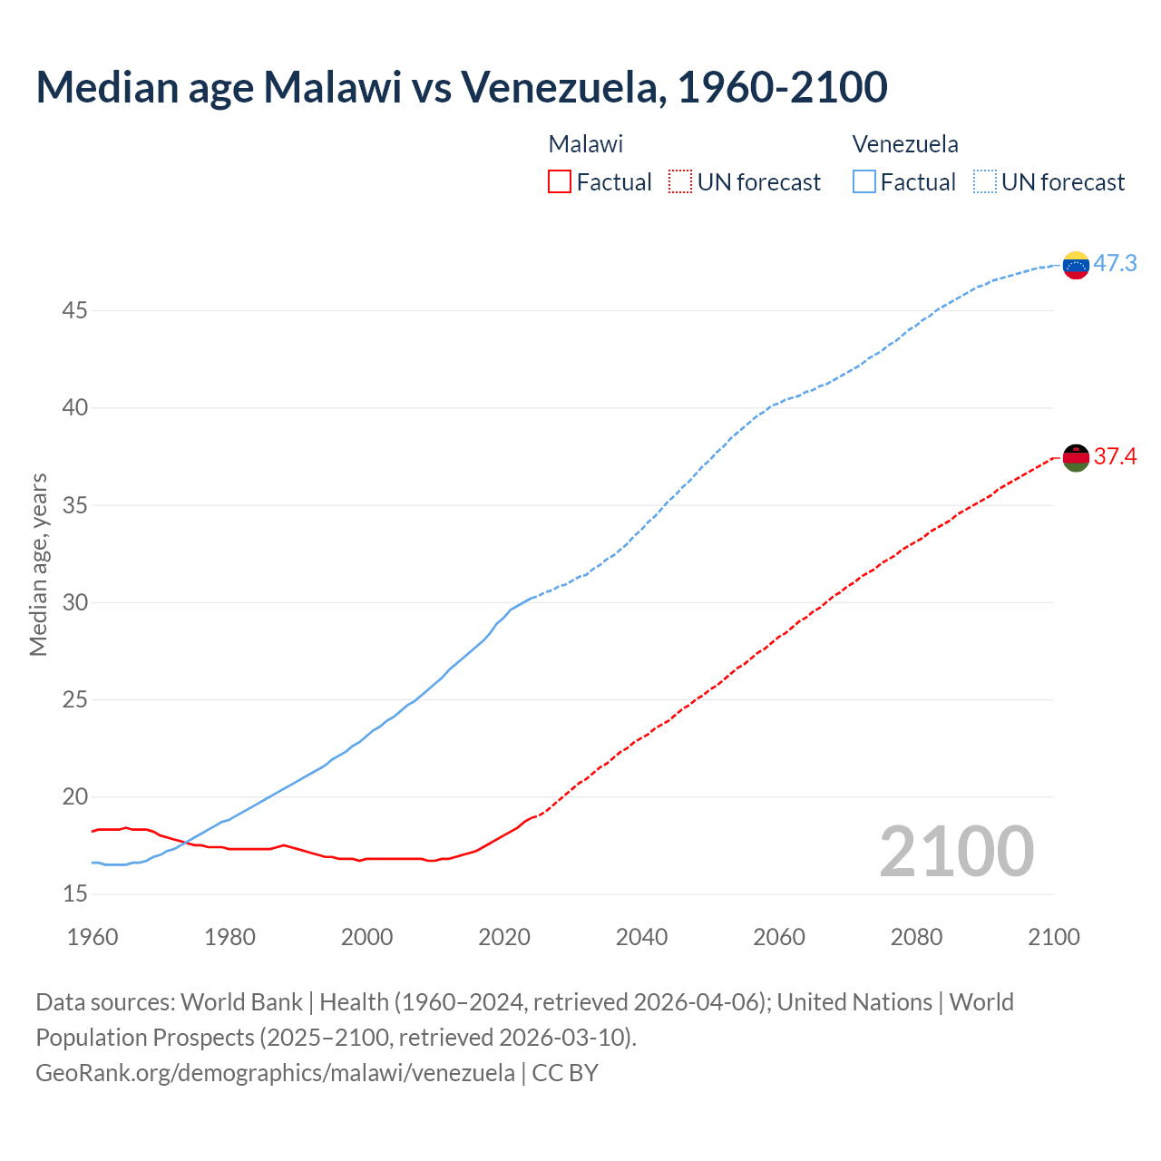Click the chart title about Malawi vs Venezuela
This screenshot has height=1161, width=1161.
tap(461, 88)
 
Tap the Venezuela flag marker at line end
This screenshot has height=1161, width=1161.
tap(1076, 265)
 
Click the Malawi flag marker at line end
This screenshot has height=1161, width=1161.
tap(1076, 458)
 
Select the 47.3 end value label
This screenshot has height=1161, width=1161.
tap(1115, 264)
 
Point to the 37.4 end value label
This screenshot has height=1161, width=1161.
tap(1115, 456)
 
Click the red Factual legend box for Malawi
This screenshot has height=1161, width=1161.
tap(560, 182)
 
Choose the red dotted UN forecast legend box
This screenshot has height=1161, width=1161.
tap(680, 182)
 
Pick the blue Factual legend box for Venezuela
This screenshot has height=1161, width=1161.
tap(864, 182)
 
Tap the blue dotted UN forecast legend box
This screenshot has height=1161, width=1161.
tap(984, 182)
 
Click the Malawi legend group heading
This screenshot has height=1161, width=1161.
tap(586, 144)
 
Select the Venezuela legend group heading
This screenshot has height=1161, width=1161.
tap(905, 144)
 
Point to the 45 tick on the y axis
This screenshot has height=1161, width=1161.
tap(74, 311)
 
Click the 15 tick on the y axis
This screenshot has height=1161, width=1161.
tap(74, 894)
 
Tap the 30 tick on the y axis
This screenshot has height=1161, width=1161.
tap(74, 603)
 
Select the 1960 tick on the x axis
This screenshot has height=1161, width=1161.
tap(93, 937)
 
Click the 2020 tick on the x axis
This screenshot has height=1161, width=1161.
tap(504, 937)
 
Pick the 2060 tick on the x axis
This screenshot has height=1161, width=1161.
tap(779, 937)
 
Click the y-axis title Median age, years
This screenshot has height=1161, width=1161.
tap(38, 564)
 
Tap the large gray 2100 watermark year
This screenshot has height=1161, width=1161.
tap(956, 852)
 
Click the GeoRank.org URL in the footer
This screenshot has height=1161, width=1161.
tap(275, 1073)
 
